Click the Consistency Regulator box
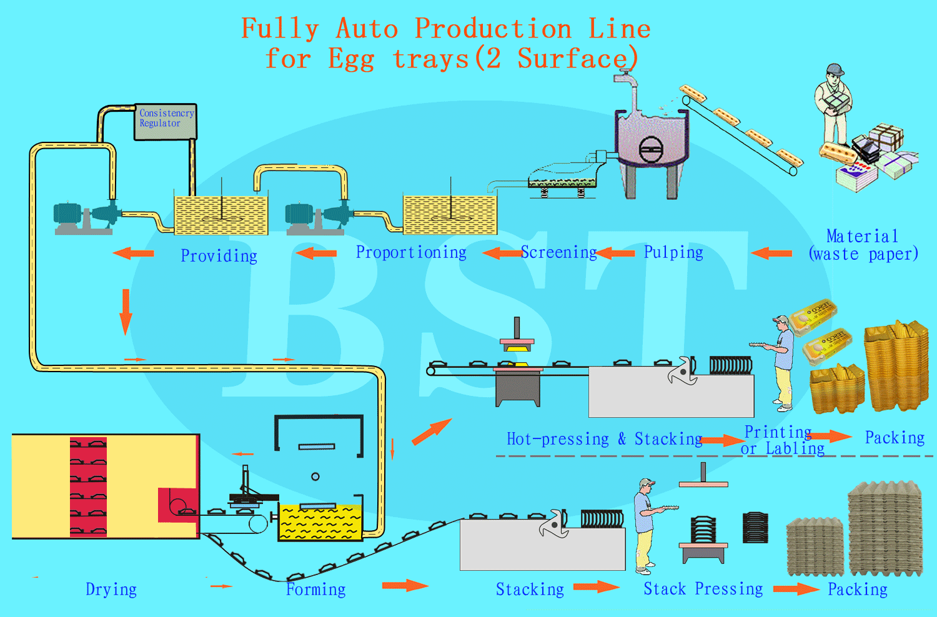tap(166, 122)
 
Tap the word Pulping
tap(673, 253)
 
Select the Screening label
tap(559, 252)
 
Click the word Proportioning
tap(411, 253)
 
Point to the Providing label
tap(219, 255)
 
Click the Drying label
tap(111, 590)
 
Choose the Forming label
tap(316, 590)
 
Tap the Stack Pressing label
tap(703, 588)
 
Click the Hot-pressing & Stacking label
tap(605, 439)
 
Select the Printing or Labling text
tap(781, 440)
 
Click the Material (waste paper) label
tap(863, 245)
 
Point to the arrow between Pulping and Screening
tap(615, 253)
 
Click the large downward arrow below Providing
tap(126, 312)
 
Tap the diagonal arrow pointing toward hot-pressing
tap(432, 432)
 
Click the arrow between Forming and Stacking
tap(405, 585)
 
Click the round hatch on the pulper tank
tap(652, 149)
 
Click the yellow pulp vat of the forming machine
tap(320, 523)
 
